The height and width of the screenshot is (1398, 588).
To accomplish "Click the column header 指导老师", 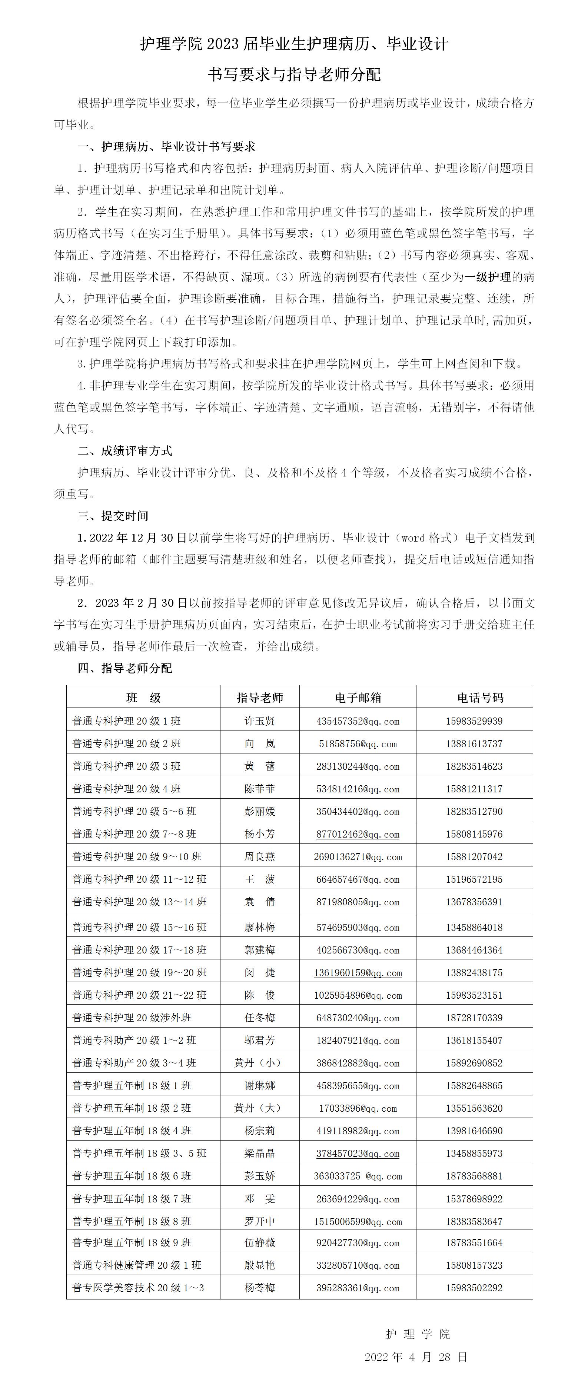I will coord(259,698).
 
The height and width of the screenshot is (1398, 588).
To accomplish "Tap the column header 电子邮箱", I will coord(358,698).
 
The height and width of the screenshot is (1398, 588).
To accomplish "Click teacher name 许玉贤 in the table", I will coord(259,721).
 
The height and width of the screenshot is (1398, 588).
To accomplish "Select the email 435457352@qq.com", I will coord(358,721).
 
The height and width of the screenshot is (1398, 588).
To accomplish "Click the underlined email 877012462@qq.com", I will coord(358,834).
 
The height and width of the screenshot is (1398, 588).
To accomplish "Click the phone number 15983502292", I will coord(474,1287).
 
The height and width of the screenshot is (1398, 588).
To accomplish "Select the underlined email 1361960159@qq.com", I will coord(358,972).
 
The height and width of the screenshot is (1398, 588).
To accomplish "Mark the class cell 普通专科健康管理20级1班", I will coord(137,1265).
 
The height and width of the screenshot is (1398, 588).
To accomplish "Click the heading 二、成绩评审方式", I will coord(125,450).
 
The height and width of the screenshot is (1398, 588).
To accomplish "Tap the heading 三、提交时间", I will coord(113,516).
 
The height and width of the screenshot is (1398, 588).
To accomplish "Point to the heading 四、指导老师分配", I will coord(125,668).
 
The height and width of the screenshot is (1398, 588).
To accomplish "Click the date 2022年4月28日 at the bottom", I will coord(415,1357).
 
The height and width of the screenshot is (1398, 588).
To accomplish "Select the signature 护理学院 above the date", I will coord(418,1334).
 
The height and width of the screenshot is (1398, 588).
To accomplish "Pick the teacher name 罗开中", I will coord(259,1221).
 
